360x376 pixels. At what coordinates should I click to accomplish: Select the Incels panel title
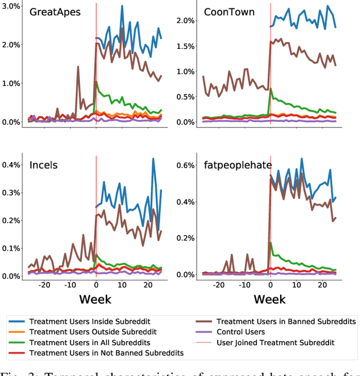[x=44, y=165]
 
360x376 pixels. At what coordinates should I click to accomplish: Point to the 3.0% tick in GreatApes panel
[x=11, y=6]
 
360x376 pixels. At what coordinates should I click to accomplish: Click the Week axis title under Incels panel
[x=95, y=298]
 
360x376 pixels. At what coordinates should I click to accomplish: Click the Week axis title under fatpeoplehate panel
[x=269, y=298]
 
